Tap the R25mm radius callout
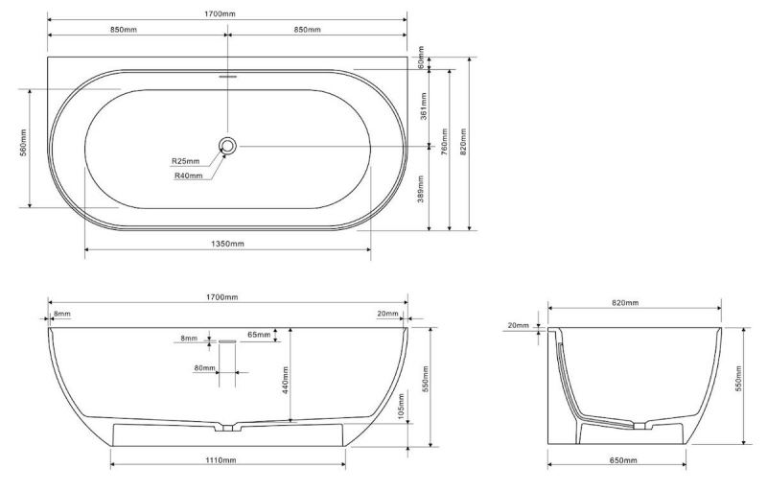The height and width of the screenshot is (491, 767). [x=185, y=160]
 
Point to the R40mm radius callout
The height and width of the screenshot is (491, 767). [x=188, y=175]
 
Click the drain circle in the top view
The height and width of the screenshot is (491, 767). [x=227, y=145]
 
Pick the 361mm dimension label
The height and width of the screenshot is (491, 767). [x=424, y=105]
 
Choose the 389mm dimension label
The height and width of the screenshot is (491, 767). [x=421, y=189]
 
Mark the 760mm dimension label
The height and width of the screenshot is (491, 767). [x=444, y=142]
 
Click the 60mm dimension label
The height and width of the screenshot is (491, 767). [x=421, y=58]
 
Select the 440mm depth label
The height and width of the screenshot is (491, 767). [x=285, y=380]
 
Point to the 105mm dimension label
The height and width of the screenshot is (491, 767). [x=402, y=406]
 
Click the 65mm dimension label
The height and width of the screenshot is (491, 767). [x=259, y=335]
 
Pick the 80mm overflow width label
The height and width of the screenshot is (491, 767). [x=204, y=367]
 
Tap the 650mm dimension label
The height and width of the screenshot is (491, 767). [x=624, y=459]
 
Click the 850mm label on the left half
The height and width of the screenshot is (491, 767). [x=124, y=30]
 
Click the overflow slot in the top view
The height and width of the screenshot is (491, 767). [x=227, y=77]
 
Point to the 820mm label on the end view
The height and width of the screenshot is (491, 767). [x=625, y=303]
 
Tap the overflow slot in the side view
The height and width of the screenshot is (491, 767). [x=227, y=340]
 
